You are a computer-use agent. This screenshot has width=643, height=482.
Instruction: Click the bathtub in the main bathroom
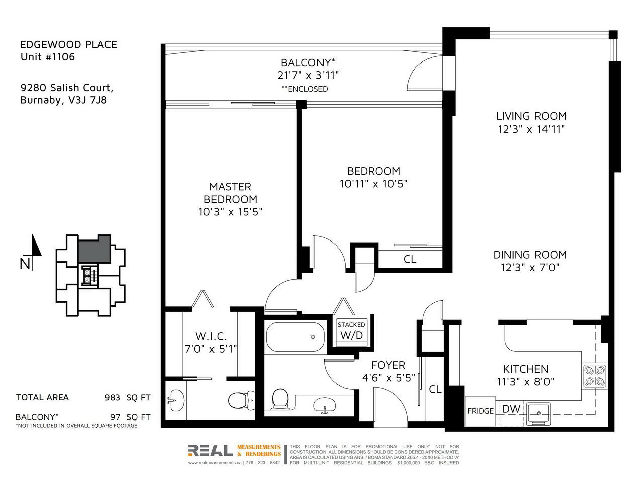tap(295, 337)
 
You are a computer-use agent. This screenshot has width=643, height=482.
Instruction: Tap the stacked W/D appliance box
tap(351, 332)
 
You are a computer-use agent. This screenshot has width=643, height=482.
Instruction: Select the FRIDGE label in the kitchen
tap(480, 411)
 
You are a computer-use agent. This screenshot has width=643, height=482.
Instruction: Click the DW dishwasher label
tap(511, 409)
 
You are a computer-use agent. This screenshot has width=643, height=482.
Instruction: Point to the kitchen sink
tap(539, 414)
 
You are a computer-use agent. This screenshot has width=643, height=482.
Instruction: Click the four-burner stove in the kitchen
tap(595, 376)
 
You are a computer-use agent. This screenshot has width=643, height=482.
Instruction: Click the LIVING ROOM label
tap(531, 116)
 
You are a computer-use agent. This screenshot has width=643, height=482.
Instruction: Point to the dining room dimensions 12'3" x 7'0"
tap(530, 267)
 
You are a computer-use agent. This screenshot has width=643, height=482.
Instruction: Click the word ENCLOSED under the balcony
tap(307, 89)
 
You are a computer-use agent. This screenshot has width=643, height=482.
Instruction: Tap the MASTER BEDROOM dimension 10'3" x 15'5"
tap(230, 211)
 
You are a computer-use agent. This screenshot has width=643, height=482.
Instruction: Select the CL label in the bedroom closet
tap(410, 259)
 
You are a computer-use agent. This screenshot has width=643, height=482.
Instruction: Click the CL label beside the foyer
tap(435, 389)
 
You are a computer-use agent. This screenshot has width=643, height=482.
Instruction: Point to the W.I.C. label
tap(211, 336)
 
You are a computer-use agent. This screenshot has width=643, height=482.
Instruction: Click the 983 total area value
tap(113, 398)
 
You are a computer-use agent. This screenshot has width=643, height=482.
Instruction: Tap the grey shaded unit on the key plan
tap(94, 249)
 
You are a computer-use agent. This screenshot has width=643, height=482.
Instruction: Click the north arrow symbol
tap(36, 246)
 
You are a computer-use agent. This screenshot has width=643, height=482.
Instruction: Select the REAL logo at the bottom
tap(210, 451)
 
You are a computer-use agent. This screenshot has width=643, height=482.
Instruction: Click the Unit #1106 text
tap(47, 56)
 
